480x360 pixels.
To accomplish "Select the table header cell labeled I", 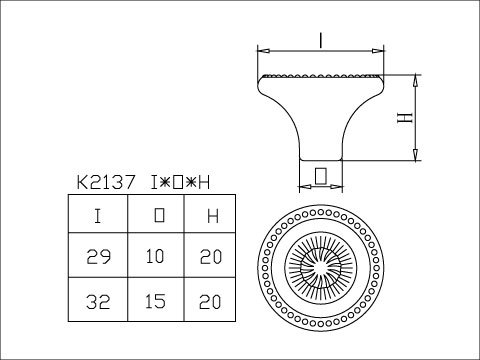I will click(x=97, y=215).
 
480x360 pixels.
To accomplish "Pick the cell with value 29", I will click(x=97, y=257).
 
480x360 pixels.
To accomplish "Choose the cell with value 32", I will click(x=97, y=301).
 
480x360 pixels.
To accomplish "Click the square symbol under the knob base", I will click(x=320, y=176).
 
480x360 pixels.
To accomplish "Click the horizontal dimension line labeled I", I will click(x=290, y=49).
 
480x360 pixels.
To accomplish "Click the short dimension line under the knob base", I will click(x=320, y=187).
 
